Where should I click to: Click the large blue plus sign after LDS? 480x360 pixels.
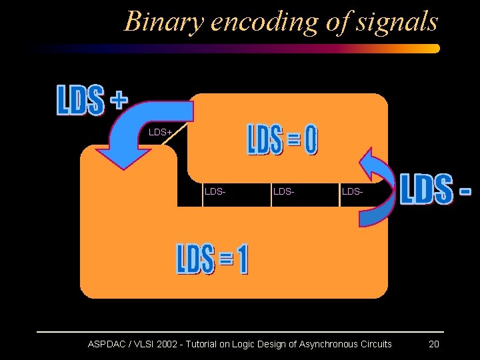click(117, 101)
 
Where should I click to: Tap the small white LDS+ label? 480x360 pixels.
click(161, 132)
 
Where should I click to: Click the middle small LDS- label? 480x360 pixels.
click(283, 192)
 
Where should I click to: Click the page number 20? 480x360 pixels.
click(433, 344)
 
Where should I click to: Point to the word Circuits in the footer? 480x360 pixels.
click(375, 344)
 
